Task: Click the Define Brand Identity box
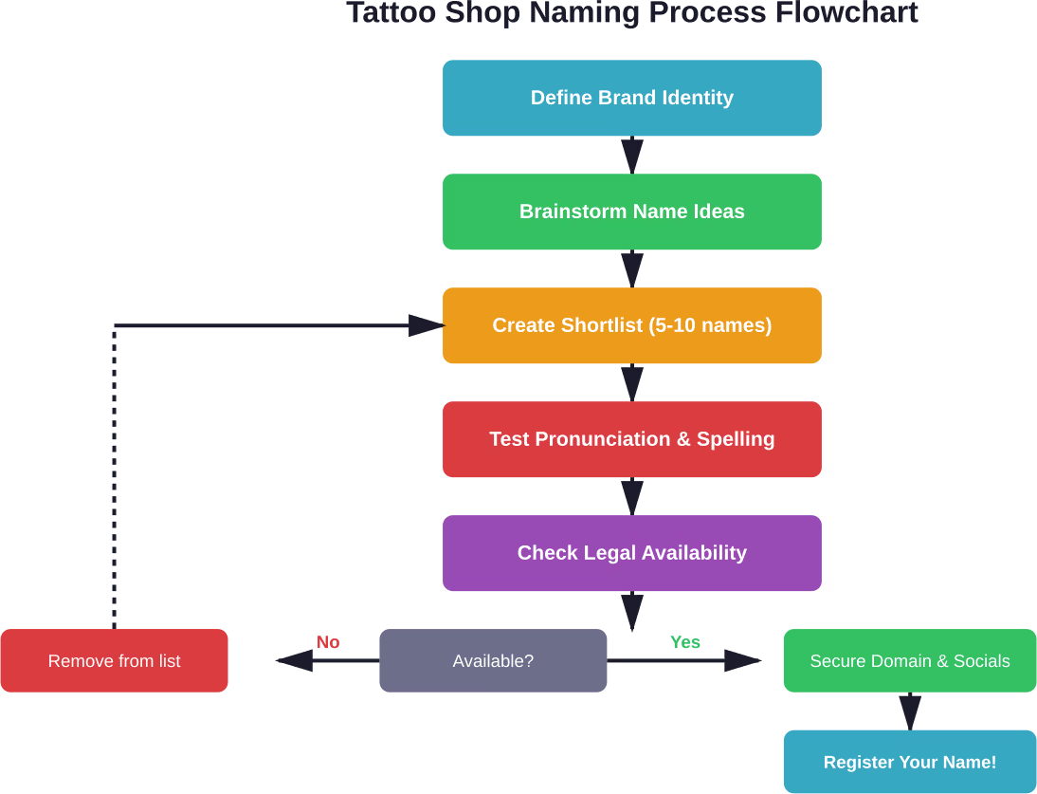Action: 631,98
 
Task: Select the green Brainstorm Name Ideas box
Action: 631,212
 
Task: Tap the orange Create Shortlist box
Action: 631,325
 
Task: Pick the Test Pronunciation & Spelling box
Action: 631,439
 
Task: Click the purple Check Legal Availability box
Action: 631,553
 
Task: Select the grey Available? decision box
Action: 493,661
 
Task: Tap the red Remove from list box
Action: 114,661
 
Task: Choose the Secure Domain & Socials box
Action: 909,661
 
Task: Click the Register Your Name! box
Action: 909,762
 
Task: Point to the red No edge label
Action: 328,642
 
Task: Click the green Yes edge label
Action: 685,642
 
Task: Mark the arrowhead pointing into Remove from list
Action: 294,660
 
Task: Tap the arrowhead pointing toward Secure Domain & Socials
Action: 743,660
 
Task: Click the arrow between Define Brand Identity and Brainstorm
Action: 632,155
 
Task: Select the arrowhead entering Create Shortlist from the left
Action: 426,325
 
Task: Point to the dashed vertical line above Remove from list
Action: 114,474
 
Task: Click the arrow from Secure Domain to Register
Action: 910,711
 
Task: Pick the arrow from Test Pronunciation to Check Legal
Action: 632,496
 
